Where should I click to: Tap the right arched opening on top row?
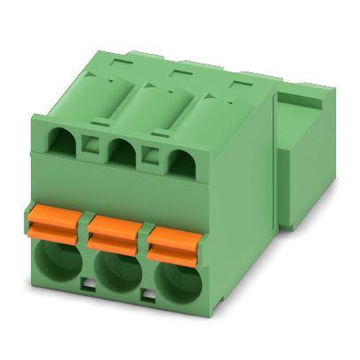pyautogui.click(x=177, y=161)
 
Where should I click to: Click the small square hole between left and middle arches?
pyautogui.click(x=90, y=143)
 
